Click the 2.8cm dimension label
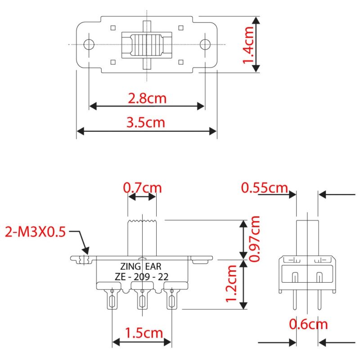pos(147,98)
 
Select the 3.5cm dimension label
pos(146,122)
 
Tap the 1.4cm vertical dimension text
pos(248,45)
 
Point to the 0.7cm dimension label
pos(142,187)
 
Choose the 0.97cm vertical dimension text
pos(255,238)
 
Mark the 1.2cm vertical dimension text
pos(232,283)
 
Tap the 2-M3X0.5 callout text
pos(35,232)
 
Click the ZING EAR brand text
pos(142,265)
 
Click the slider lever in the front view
pos(142,236)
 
